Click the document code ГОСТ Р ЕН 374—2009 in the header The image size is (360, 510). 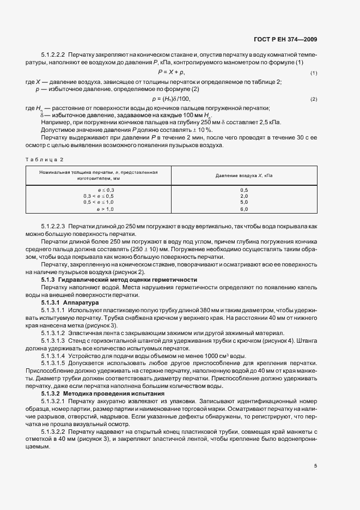[x=286, y=39]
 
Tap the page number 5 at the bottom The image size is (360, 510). [x=315, y=465]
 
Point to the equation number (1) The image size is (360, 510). [x=314, y=73]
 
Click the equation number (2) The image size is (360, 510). [x=314, y=99]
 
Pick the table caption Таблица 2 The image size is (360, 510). [x=45, y=160]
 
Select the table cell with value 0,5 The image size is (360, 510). [x=243, y=189]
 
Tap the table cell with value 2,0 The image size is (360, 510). [x=243, y=196]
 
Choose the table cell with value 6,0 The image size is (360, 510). [x=243, y=209]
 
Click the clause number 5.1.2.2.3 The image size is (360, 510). [x=53, y=225]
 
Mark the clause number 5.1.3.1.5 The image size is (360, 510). [x=53, y=363]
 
